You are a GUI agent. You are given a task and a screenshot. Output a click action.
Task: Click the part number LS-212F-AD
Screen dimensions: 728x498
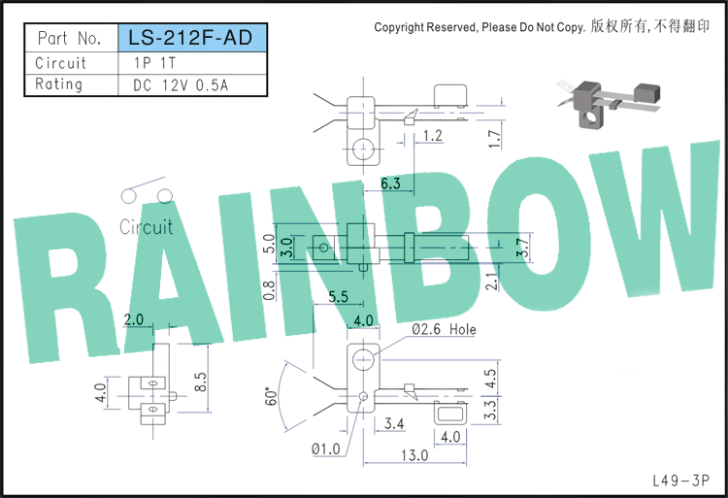coord(190,38)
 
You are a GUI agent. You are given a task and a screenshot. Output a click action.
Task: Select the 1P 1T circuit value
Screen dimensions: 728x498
coord(154,63)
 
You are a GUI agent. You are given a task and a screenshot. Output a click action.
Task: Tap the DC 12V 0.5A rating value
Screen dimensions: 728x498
coord(181,85)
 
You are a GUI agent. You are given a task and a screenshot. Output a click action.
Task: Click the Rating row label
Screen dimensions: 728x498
coord(59,84)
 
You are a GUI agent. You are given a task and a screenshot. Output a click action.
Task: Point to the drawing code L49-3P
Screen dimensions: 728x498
coord(681,481)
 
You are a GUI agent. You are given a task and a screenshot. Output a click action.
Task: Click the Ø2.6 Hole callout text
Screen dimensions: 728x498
coord(444,329)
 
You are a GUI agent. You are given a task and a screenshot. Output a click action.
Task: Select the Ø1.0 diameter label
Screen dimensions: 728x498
coord(325,449)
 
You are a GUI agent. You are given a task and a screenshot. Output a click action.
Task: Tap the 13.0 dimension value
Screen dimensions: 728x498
coord(414,455)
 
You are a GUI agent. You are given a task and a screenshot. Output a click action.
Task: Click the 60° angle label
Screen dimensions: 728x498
coord(271,396)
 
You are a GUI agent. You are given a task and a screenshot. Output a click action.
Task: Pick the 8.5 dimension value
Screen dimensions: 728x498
coord(201,382)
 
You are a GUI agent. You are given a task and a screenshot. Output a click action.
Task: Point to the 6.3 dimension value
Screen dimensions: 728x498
coord(390,183)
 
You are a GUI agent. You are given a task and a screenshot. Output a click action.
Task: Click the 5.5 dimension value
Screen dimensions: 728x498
coord(338,296)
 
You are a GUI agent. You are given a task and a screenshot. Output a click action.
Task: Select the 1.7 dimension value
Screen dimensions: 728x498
coord(495,139)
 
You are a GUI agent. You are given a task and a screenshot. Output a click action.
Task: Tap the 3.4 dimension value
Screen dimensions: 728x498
coord(394,423)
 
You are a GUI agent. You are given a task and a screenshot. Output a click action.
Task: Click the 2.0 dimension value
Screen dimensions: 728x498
coord(133,319)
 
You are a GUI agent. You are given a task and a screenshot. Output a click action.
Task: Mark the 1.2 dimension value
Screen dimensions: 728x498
coord(433,136)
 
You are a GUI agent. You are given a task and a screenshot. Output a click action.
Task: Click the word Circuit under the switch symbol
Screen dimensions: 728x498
coord(147,227)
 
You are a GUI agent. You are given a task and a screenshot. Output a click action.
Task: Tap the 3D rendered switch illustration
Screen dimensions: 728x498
coord(610,103)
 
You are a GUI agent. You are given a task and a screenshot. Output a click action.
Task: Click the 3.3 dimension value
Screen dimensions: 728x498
coord(491,410)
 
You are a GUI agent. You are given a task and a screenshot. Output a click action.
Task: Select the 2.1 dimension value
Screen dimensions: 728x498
coord(492,282)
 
